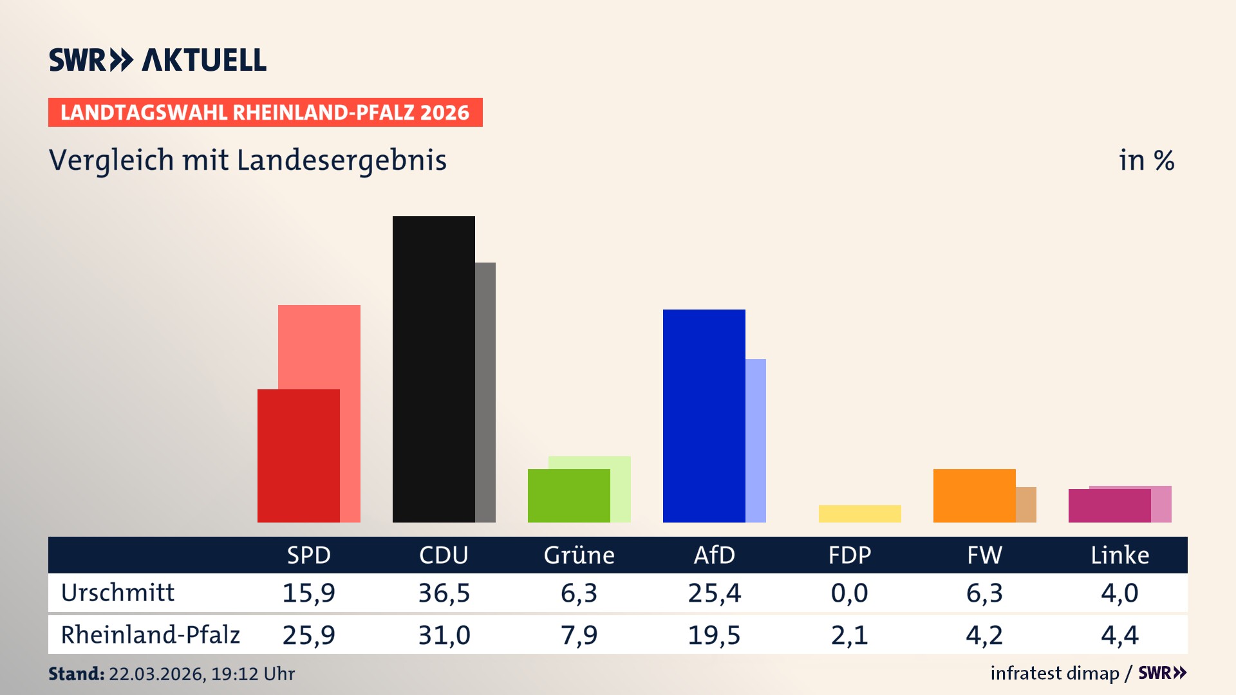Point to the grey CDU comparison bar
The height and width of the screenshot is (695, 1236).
point(485,392)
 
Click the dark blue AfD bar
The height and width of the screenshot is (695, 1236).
point(704,416)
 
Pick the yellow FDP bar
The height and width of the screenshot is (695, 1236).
point(859,514)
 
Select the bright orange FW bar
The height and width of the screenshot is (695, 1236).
point(974,496)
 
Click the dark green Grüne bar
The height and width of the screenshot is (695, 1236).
point(568,496)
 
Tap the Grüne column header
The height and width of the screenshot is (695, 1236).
point(579,555)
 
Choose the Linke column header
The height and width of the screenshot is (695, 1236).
point(1119,555)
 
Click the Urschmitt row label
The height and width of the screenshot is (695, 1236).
point(118,593)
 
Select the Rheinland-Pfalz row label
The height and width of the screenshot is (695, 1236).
point(150,635)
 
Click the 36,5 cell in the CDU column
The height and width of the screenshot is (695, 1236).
point(444,593)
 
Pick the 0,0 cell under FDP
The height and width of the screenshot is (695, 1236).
point(849,593)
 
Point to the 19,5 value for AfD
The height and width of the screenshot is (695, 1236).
point(714,635)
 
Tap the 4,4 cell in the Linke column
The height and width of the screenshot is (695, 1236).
point(1119,635)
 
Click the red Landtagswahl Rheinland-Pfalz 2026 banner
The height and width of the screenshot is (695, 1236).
point(265,112)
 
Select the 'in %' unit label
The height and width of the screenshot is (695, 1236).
point(1146,160)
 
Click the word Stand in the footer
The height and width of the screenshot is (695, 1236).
point(76,674)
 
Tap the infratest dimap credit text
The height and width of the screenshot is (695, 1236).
point(1054,673)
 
